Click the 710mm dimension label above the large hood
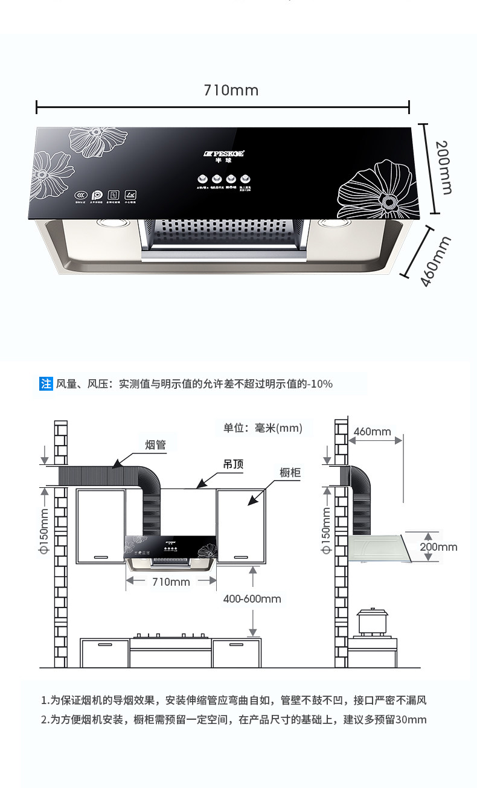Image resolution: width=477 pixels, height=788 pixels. (231, 91)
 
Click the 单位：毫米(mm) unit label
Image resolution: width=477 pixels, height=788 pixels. (263, 428)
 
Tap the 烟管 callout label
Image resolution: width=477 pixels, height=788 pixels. (156, 446)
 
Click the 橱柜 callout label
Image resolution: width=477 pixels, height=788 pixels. (290, 472)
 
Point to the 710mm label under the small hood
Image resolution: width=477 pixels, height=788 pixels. (171, 582)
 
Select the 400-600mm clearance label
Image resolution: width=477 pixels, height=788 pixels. (252, 599)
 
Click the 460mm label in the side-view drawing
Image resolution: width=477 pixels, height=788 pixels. (373, 432)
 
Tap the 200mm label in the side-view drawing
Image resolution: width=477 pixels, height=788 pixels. (438, 547)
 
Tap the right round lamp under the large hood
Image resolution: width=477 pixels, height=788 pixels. (331, 224)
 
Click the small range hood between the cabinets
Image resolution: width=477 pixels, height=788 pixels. (171, 553)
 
